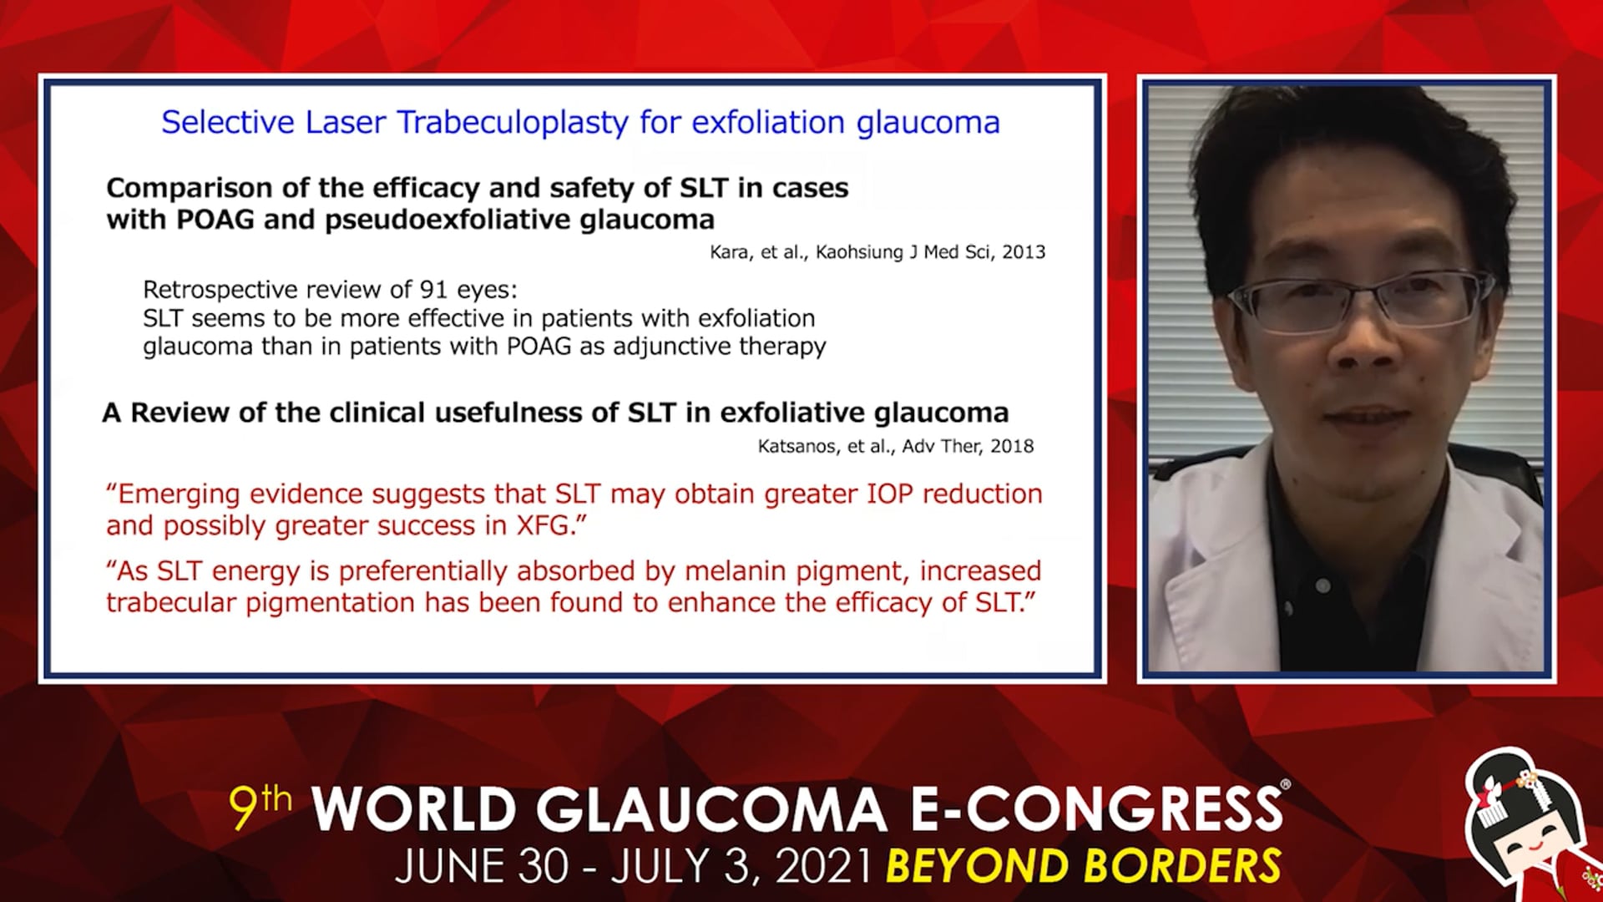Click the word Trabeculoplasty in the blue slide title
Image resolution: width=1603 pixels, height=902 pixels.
pyautogui.click(x=513, y=123)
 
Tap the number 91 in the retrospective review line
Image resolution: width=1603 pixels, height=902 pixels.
pyautogui.click(x=434, y=290)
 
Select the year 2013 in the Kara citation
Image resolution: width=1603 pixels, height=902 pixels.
pyautogui.click(x=1024, y=252)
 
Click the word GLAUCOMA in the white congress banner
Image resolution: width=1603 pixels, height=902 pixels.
pyautogui.click(x=710, y=809)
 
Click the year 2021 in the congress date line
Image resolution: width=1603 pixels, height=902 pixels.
pyautogui.click(x=824, y=866)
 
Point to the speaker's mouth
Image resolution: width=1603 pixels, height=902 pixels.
pyautogui.click(x=1367, y=413)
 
